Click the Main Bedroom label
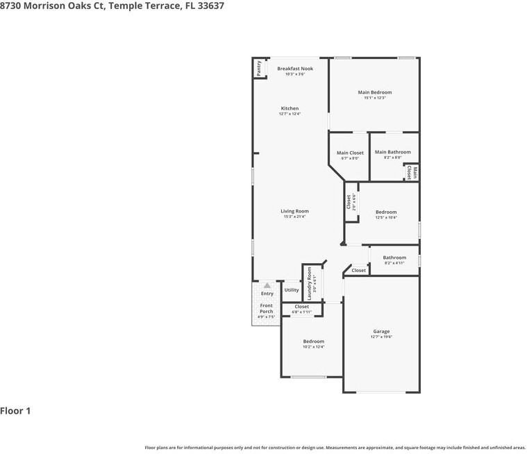click(x=374, y=92)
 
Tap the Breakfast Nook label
click(x=295, y=69)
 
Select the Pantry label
click(x=259, y=68)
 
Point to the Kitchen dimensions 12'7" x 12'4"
click(x=290, y=114)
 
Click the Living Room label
click(x=294, y=211)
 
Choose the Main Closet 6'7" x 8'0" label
click(x=350, y=153)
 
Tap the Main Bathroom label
click(x=392, y=152)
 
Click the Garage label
click(x=381, y=332)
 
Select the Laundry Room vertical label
click(x=310, y=283)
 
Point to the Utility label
click(x=292, y=290)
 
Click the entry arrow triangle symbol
click(x=266, y=285)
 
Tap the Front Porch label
click(x=266, y=308)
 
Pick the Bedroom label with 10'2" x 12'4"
click(x=313, y=342)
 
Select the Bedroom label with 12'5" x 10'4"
click(x=386, y=212)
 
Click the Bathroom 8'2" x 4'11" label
click(x=394, y=258)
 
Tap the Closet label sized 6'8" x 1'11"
click(x=301, y=306)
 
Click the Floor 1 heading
click(x=15, y=411)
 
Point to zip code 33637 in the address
click(x=209, y=6)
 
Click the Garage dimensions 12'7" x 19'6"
click(x=381, y=337)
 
